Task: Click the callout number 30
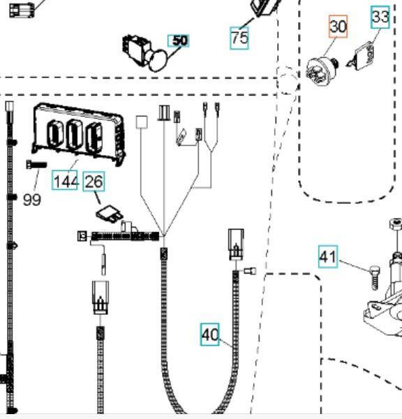point(338,27)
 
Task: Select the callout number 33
point(380,17)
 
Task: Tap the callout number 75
point(239,38)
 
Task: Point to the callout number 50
point(179,41)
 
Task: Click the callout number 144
point(65,180)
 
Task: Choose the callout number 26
point(94,182)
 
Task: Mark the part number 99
point(32,200)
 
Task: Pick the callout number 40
point(210,335)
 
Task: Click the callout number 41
point(328,257)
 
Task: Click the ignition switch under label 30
point(322,71)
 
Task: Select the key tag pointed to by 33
point(362,57)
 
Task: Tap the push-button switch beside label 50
point(144,53)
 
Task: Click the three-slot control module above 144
point(79,133)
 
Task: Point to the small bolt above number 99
point(36,164)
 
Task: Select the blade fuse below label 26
point(110,213)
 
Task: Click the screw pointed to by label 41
point(375,277)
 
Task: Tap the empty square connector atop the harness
point(142,122)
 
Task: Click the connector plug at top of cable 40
point(236,244)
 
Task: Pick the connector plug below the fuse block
point(100,297)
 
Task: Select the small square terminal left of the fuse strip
point(82,236)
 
